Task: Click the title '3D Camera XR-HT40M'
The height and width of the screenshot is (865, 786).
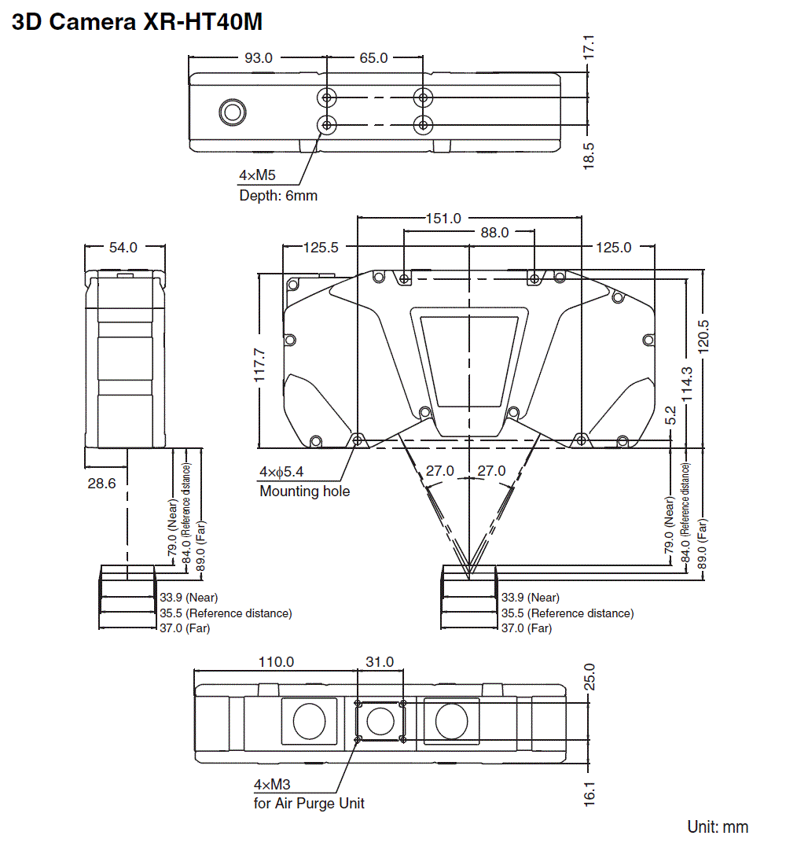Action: (137, 23)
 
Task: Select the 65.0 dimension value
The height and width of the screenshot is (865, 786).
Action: (373, 57)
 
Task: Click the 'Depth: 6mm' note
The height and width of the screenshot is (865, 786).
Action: (278, 195)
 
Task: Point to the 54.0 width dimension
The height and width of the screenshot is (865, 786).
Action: (123, 247)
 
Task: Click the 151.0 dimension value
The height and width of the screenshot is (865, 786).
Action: (444, 218)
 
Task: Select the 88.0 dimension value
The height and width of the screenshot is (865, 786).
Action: (495, 233)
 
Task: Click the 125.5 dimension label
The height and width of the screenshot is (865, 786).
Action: (321, 247)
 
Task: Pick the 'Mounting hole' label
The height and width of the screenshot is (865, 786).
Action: (304, 491)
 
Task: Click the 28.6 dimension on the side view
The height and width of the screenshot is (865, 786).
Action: (101, 484)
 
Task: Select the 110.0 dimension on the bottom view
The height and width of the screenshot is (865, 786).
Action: (276, 662)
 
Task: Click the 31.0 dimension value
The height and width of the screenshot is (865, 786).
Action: (380, 662)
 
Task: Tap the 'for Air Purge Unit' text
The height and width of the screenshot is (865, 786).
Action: (309, 803)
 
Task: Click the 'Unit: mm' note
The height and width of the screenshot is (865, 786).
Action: (718, 826)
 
